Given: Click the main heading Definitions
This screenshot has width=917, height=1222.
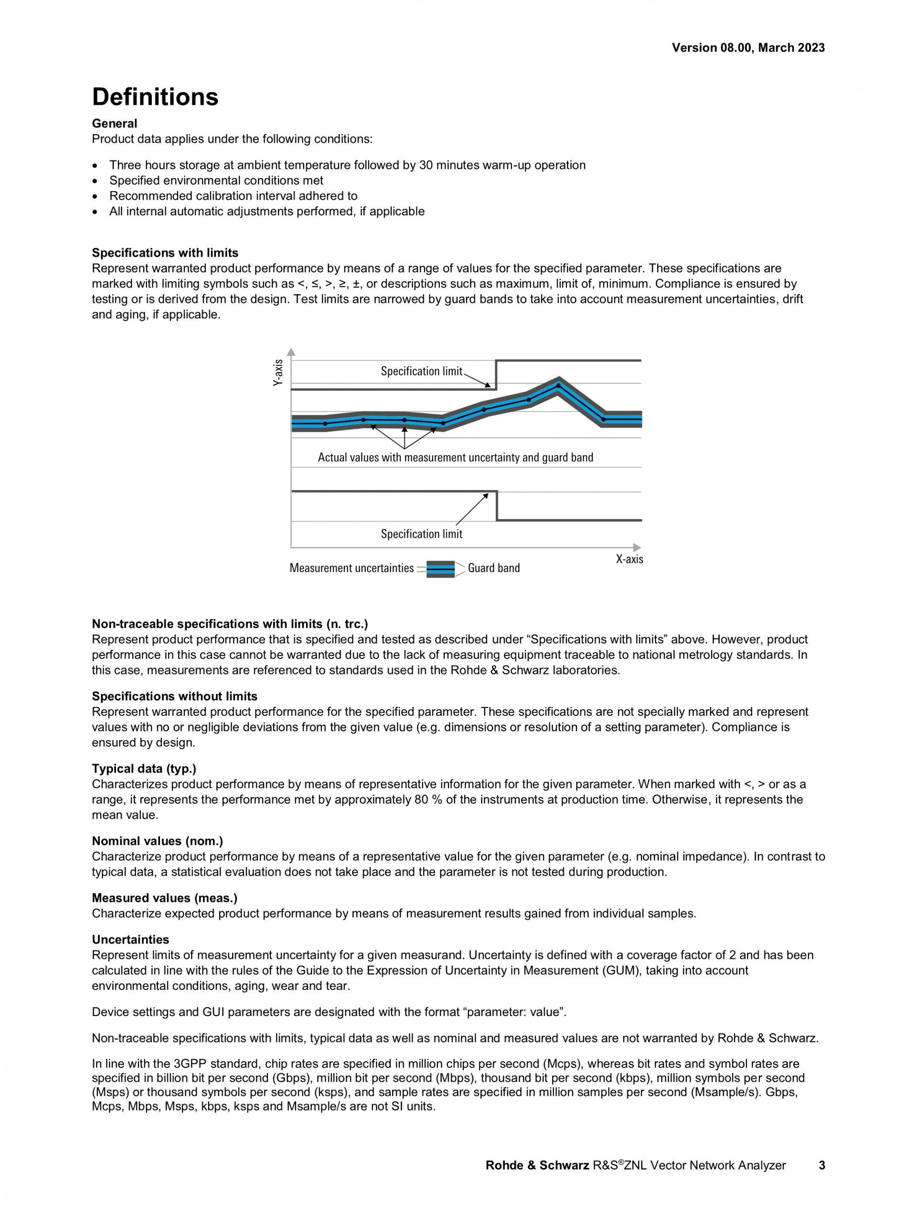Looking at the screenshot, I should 155,97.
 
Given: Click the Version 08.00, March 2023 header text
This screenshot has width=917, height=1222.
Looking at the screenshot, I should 748,48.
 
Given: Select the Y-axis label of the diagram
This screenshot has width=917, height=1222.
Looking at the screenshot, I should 278,372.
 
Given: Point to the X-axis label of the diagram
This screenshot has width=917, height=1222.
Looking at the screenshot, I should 629,559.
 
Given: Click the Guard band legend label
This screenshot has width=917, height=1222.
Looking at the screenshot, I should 493,568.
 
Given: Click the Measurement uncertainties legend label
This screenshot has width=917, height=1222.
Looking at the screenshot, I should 352,568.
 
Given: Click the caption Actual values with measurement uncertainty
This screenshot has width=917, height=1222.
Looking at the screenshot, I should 455,457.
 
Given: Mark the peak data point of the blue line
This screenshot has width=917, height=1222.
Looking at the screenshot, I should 558,385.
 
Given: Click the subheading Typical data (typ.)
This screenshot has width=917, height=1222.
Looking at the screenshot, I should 144,768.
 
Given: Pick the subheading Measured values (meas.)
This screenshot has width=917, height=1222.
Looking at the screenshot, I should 165,898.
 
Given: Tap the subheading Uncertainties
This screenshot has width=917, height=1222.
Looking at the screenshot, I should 130,940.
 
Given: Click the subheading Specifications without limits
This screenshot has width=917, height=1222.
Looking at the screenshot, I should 174,696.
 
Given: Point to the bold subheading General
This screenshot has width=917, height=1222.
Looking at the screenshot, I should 114,123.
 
